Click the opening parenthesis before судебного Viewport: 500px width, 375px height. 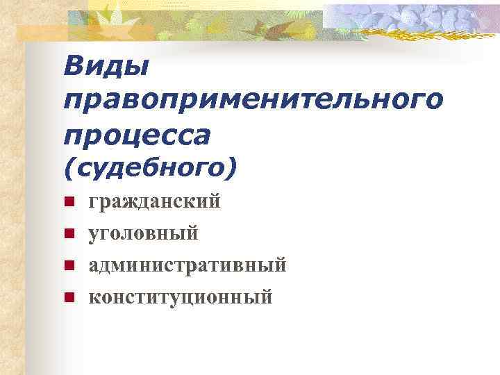tap(69, 167)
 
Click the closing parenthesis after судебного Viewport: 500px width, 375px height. tap(232, 167)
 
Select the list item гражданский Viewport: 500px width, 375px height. tap(154, 202)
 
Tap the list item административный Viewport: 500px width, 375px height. tap(187, 265)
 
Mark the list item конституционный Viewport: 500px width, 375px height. tap(180, 297)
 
